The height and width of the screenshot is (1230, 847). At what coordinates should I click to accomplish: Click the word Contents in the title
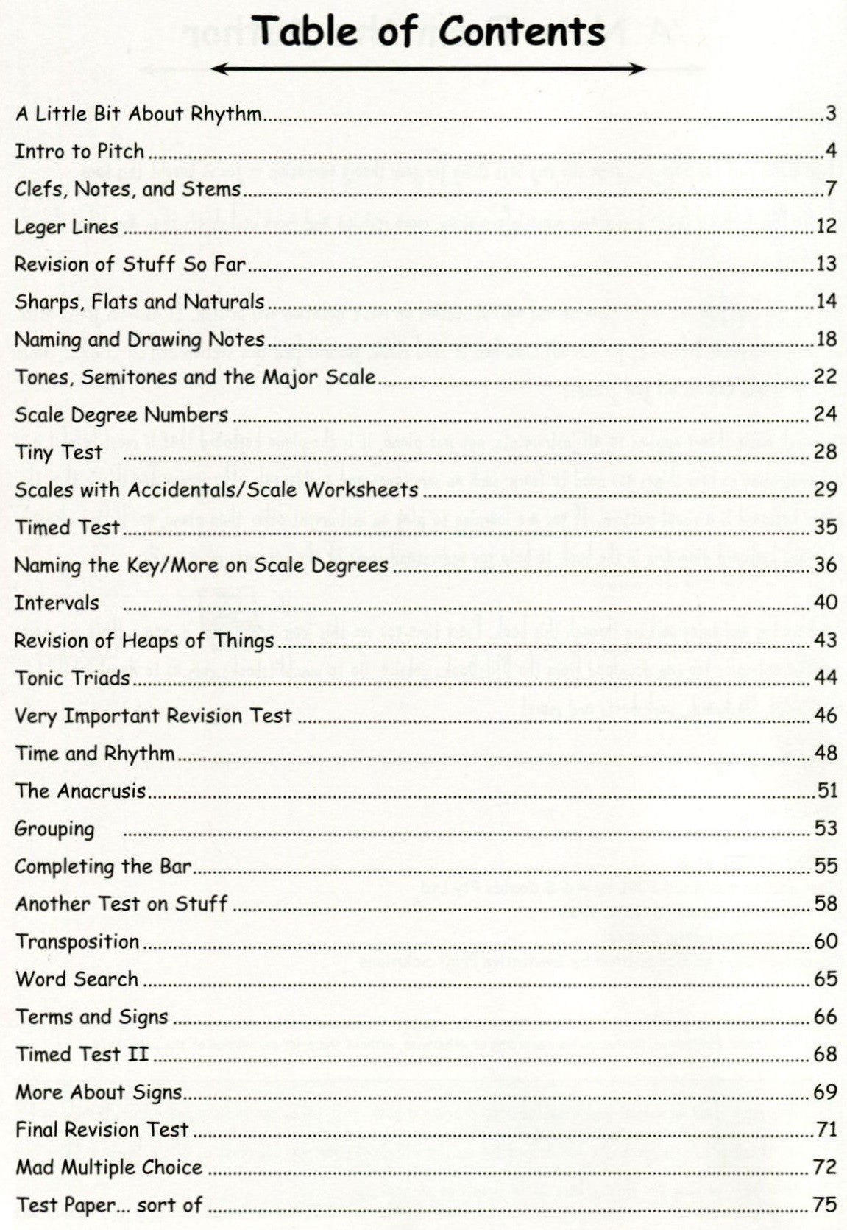(x=522, y=32)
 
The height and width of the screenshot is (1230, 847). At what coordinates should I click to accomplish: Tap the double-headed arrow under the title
(x=429, y=69)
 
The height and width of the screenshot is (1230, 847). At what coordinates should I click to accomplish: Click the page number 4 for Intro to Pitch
(x=831, y=151)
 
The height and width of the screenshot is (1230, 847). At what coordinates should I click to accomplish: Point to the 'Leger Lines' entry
(x=66, y=227)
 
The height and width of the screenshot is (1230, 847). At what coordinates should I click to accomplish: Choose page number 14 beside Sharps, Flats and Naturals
(x=826, y=301)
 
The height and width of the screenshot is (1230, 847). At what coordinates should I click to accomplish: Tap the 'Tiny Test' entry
(x=59, y=452)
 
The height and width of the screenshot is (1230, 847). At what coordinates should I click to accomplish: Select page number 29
(x=826, y=489)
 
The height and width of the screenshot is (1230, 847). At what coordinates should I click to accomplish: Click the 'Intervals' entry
(x=57, y=603)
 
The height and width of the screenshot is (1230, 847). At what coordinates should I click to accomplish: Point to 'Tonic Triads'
(x=72, y=678)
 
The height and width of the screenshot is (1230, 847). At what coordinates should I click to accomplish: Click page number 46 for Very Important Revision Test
(x=826, y=715)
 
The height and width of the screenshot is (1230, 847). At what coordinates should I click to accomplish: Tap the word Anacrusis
(x=101, y=791)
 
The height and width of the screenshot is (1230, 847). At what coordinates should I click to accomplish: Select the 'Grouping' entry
(x=55, y=829)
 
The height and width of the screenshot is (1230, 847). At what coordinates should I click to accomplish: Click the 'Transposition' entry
(x=77, y=941)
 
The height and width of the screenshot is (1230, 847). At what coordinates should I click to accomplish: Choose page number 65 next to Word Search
(x=826, y=979)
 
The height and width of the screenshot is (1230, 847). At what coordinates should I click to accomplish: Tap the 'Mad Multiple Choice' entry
(x=109, y=1167)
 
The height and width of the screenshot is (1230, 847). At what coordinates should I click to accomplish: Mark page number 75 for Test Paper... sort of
(x=826, y=1204)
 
